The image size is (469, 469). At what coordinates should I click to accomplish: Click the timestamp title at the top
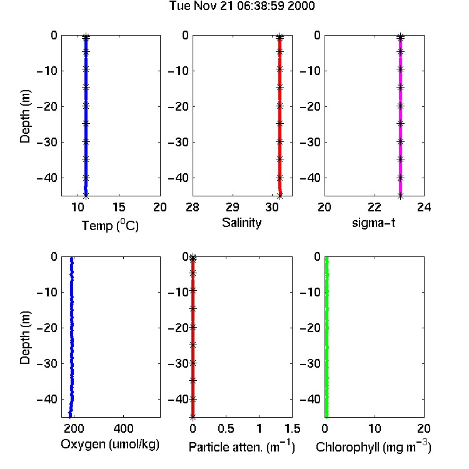click(x=242, y=6)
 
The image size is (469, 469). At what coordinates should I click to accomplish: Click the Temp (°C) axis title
click(x=110, y=225)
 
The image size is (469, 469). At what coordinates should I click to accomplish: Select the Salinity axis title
click(x=241, y=223)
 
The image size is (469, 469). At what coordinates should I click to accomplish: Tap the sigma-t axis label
click(x=373, y=223)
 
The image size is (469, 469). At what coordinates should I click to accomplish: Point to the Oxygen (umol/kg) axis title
click(x=110, y=445)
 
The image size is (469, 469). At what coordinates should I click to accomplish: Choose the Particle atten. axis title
click(x=242, y=447)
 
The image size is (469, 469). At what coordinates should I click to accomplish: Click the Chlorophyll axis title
click(x=373, y=447)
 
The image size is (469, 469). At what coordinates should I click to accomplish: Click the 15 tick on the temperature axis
click(x=119, y=207)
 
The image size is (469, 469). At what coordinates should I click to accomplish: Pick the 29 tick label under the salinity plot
click(x=233, y=207)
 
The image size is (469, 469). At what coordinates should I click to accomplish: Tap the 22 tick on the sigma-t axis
click(x=375, y=207)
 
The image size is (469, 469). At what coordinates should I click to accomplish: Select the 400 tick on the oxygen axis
click(x=124, y=428)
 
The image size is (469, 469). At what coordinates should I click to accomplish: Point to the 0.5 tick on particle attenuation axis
click(x=226, y=428)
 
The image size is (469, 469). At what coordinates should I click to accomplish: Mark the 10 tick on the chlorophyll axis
click(x=375, y=428)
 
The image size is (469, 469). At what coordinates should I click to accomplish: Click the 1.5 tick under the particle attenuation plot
click(x=293, y=428)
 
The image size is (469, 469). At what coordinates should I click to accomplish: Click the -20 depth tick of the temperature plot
click(x=47, y=106)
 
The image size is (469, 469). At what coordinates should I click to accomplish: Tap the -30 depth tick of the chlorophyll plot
click(x=310, y=363)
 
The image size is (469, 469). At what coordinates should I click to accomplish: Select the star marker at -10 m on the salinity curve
click(x=280, y=69)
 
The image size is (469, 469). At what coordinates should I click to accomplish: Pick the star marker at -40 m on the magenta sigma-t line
click(x=400, y=178)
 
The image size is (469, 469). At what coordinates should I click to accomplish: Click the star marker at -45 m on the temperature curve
click(x=86, y=196)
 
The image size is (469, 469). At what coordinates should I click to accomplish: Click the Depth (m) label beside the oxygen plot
click(x=25, y=338)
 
